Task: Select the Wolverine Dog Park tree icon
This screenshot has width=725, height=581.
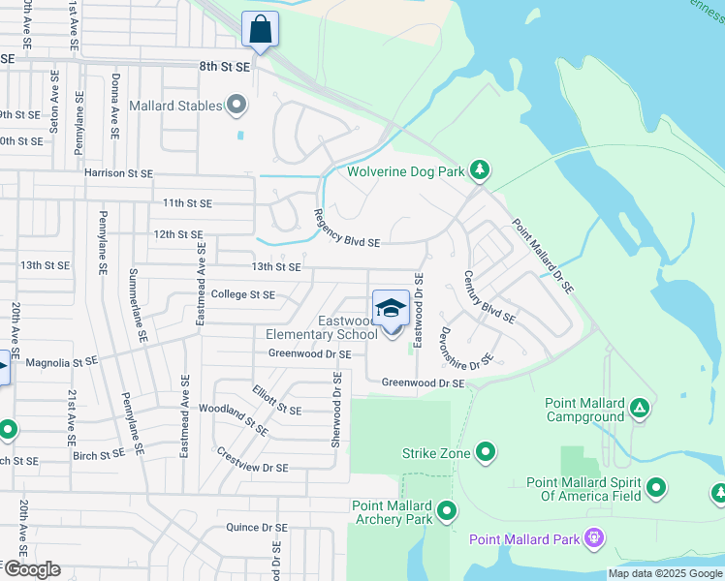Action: pos(479,171)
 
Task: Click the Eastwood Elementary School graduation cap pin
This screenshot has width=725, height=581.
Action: pos(391,310)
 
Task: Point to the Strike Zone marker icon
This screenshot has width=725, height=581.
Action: pos(487,452)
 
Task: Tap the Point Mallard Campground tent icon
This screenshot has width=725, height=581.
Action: pos(639,408)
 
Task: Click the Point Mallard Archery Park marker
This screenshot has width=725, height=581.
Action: pos(447,509)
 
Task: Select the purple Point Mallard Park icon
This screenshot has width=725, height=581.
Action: pos(594,539)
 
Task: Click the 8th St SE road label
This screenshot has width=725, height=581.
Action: pos(225,67)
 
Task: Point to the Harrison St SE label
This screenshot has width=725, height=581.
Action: pos(118,173)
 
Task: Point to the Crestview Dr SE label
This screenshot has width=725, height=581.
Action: pos(251,460)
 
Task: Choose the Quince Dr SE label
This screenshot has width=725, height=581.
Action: pos(256,528)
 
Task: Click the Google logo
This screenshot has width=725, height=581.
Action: pos(32,569)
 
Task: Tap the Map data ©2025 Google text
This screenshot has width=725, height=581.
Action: pos(664,573)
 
